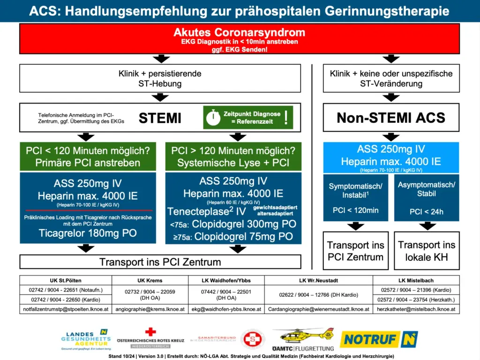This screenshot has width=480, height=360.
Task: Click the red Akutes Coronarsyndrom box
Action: pyautogui.click(x=239, y=39)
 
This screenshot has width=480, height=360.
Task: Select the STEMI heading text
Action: pyautogui.click(x=159, y=118)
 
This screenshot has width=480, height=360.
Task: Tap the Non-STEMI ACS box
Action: pyautogui.click(x=391, y=117)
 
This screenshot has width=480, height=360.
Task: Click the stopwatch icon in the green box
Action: pyautogui.click(x=214, y=117)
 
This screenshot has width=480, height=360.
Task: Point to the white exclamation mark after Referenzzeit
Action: pyautogui.click(x=286, y=117)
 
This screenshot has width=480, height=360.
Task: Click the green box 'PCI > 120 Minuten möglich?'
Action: pyautogui.click(x=233, y=157)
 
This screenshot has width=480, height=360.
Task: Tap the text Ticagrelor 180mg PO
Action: pyautogui.click(x=88, y=233)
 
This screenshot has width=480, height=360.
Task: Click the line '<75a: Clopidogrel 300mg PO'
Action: pyautogui.click(x=233, y=225)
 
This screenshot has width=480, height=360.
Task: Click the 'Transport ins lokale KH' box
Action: pyautogui.click(x=426, y=251)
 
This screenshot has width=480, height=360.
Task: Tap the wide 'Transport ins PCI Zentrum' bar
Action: pyautogui.click(x=160, y=261)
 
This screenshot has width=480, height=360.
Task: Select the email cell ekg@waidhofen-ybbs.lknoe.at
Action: pyautogui.click(x=226, y=309)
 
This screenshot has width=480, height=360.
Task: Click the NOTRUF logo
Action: pyautogui.click(x=378, y=339)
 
